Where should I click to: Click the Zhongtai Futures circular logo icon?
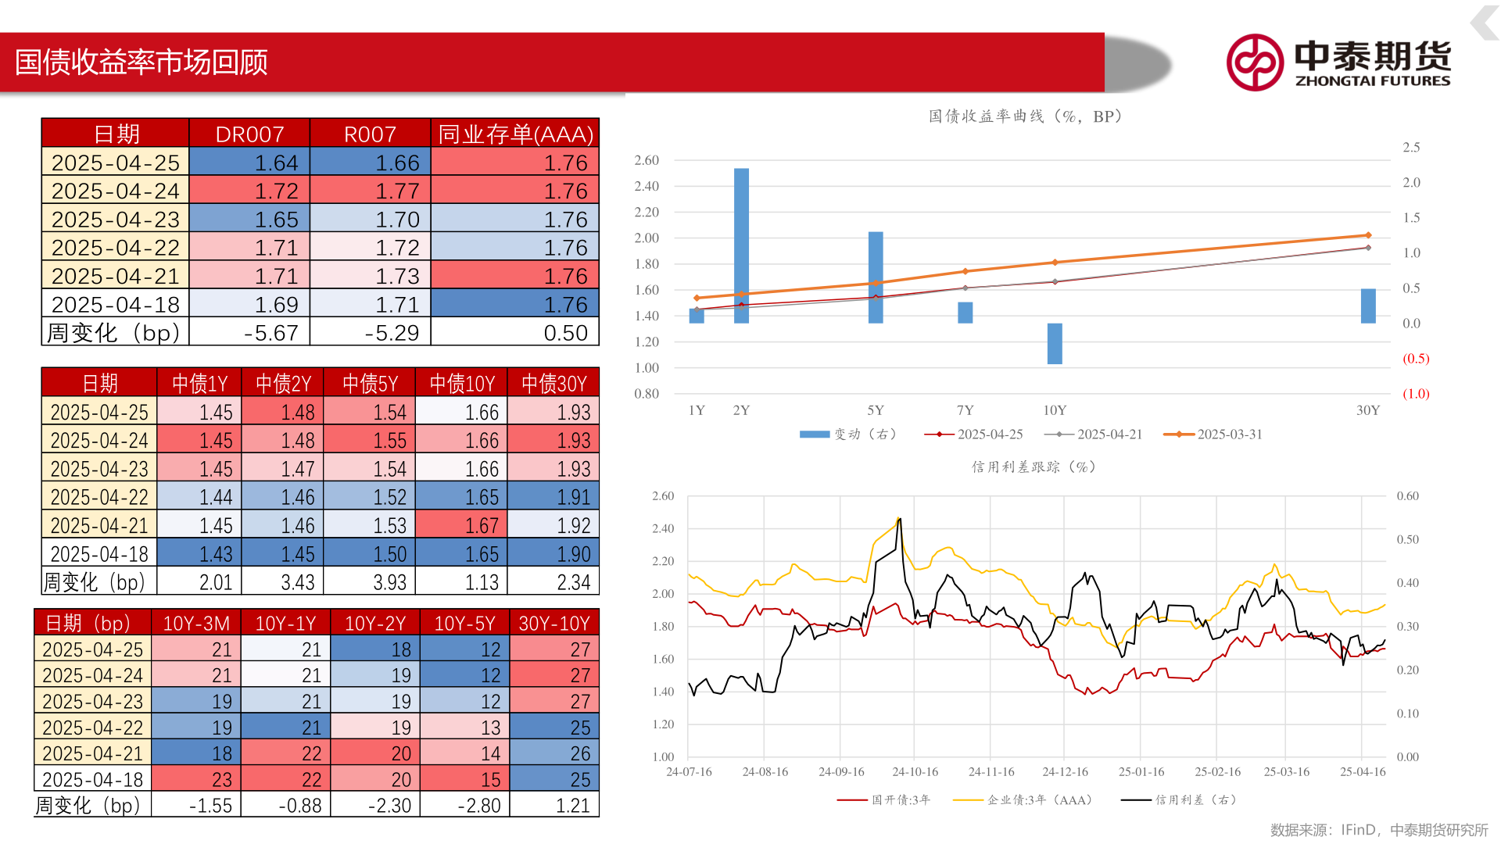(1255, 62)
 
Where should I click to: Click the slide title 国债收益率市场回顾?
(142, 63)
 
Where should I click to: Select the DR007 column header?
(249, 134)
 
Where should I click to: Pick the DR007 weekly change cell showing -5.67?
(250, 333)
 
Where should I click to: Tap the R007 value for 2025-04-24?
(371, 191)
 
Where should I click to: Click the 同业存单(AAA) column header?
(515, 134)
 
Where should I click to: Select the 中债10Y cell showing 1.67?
(463, 525)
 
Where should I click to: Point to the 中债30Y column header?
(553, 383)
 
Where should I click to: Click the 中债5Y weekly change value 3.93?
(370, 582)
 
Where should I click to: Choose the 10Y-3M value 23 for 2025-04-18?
(196, 779)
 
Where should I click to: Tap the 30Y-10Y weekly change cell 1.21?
(554, 805)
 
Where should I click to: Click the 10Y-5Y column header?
(464, 623)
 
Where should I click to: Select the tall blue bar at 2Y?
(741, 245)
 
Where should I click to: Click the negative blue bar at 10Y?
(1055, 343)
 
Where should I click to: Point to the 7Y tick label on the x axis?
(965, 410)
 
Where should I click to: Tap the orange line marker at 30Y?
(1368, 235)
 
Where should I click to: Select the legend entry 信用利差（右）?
(1180, 799)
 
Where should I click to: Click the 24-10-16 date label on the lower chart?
(915, 772)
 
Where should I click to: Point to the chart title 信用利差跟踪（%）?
(1034, 467)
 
